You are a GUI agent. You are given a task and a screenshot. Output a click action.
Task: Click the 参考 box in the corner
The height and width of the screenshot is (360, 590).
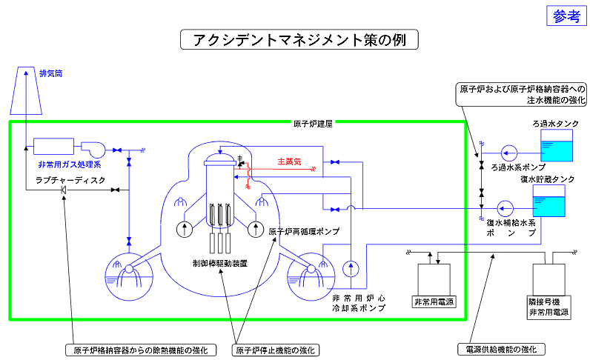(567, 17)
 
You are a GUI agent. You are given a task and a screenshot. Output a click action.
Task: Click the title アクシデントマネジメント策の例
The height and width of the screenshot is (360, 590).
(299, 39)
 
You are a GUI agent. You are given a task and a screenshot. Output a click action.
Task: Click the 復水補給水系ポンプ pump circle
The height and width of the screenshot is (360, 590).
(507, 207)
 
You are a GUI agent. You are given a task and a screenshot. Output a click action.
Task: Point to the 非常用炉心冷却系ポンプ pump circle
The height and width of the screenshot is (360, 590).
(351, 267)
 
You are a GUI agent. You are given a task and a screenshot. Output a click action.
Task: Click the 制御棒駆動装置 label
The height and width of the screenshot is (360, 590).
(219, 263)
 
